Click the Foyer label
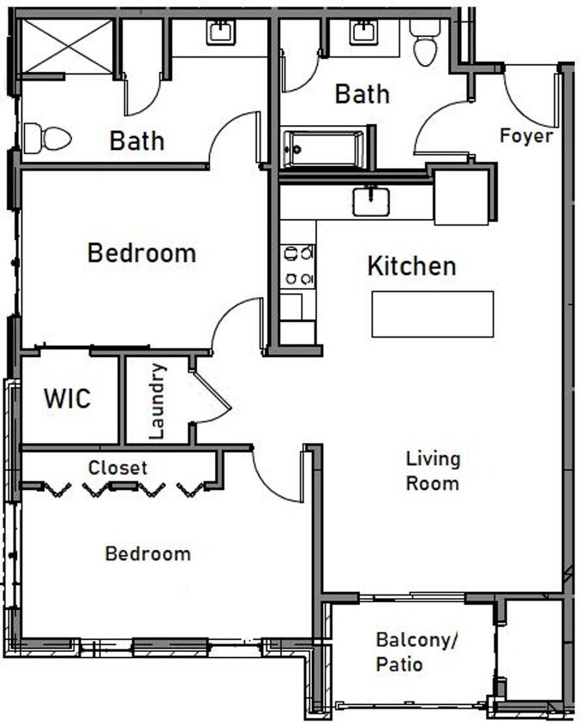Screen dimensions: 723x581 (x=526, y=135)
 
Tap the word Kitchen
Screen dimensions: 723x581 (x=411, y=266)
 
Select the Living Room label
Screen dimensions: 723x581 (x=433, y=470)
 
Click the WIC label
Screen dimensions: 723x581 (x=67, y=398)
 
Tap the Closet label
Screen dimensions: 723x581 (x=117, y=468)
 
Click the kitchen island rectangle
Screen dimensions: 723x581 (x=433, y=314)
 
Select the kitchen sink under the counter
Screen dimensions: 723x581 (x=371, y=202)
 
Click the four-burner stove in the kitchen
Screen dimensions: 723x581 (x=298, y=265)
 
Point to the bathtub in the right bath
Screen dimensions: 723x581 (x=325, y=149)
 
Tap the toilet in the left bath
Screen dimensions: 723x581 (x=47, y=138)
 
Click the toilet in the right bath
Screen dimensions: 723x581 (x=425, y=42)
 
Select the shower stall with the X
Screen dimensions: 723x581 (x=67, y=46)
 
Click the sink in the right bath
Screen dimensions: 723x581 (x=362, y=32)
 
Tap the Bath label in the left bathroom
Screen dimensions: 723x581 (x=136, y=140)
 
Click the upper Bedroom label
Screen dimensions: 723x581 (x=141, y=254)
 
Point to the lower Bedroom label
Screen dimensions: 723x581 (x=147, y=553)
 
